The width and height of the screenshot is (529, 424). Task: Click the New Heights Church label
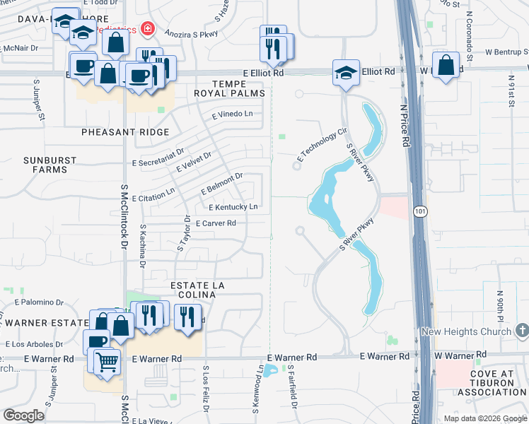point(466,331)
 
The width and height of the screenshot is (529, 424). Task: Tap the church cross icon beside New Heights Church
point(522,330)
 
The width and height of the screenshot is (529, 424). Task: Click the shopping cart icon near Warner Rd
point(107,363)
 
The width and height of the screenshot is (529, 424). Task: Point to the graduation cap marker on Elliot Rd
point(346,73)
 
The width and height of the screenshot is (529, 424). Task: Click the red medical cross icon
point(148,29)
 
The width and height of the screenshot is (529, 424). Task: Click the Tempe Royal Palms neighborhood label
point(229,88)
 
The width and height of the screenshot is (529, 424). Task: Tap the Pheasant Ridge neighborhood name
point(125,132)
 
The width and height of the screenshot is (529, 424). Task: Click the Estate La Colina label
point(198,290)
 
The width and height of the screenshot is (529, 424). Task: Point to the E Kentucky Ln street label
point(233,207)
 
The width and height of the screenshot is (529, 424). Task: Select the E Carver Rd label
point(215,223)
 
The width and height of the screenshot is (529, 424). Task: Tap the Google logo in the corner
point(24,416)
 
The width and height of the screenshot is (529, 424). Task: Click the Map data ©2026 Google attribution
point(484,418)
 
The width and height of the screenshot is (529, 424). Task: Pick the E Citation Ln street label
point(153,192)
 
